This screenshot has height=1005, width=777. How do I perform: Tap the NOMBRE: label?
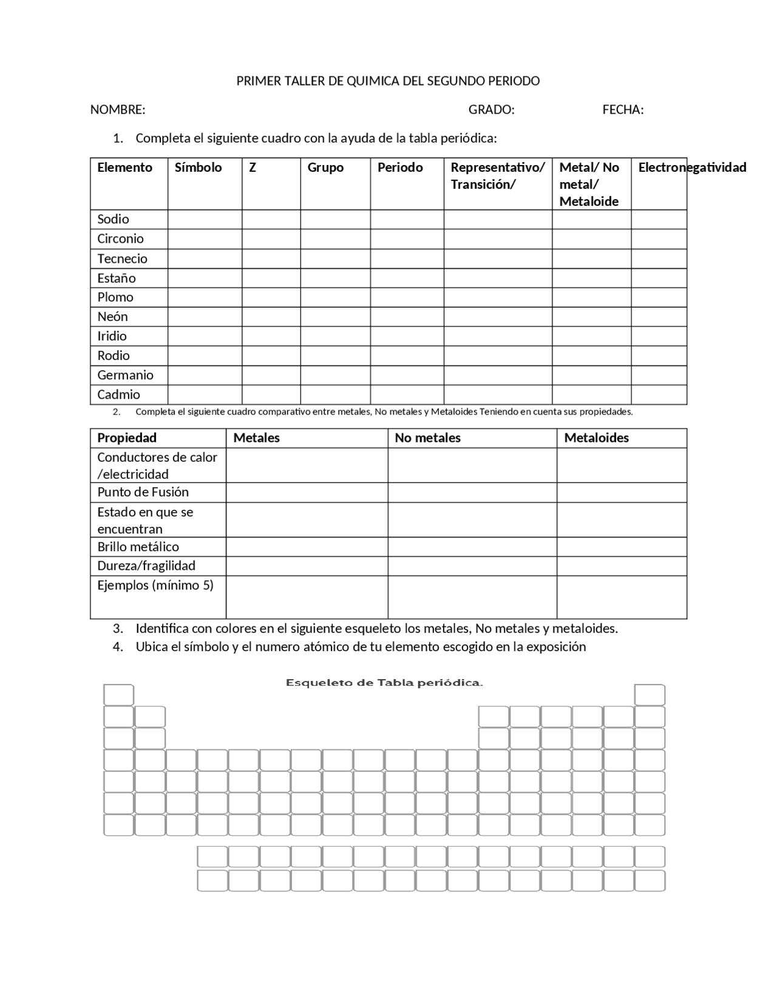coord(118,110)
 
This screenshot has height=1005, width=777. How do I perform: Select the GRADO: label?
coord(491,110)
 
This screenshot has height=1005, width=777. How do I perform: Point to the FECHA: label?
coord(623,110)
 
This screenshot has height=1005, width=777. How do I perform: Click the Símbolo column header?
coord(198,167)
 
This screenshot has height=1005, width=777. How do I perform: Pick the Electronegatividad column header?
coord(691,167)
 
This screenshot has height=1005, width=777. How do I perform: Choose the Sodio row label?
coord(113,219)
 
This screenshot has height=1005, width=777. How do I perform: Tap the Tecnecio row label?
coord(122,259)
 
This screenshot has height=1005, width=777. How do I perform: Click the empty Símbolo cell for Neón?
coord(205,317)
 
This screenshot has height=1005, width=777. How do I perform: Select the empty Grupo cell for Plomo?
coord(335,297)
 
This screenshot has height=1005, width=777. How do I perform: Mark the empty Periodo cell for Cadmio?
coord(407,394)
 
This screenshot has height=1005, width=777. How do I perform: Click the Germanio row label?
coord(125,375)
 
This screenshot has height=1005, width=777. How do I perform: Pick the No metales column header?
coord(427,438)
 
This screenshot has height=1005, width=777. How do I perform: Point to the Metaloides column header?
coord(596,438)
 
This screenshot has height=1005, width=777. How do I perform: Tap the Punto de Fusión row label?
coord(143,492)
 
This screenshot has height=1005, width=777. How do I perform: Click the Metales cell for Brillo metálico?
coord(307,547)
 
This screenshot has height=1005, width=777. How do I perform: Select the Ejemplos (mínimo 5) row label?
coord(155,585)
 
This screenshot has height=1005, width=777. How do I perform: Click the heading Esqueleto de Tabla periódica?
coord(384,683)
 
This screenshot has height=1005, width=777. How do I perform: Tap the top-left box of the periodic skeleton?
coord(118,695)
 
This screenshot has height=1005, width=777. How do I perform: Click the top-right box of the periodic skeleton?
coord(650,695)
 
